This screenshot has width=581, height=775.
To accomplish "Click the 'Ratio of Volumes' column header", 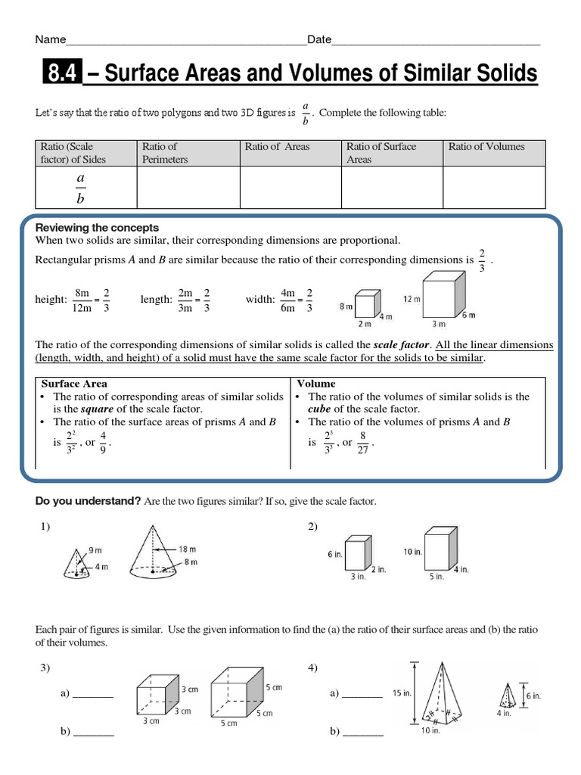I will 486,147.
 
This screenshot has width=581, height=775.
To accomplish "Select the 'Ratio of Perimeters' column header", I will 160,153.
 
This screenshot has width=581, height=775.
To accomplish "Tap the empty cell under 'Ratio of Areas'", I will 290,187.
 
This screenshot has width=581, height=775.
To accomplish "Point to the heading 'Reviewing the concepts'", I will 98,228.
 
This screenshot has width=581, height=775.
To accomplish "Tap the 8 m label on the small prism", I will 345,306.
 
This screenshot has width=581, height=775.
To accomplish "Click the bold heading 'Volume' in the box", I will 316,384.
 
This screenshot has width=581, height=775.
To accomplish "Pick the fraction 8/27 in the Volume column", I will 363,443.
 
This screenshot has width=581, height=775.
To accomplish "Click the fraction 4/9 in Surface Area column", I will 104,443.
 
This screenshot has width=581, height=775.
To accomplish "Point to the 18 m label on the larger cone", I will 188,549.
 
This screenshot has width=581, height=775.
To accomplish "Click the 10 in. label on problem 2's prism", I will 412,552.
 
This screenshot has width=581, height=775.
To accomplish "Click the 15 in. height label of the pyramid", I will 402,693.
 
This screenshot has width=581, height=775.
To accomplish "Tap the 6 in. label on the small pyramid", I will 533,696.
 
